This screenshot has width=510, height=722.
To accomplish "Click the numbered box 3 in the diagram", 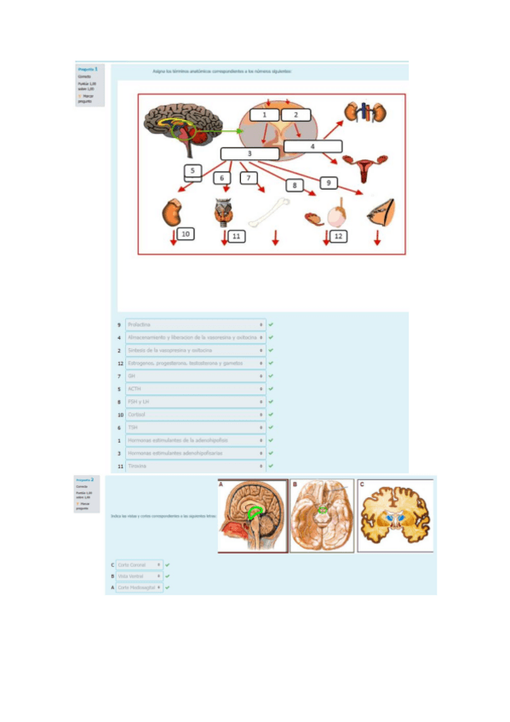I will [249, 153].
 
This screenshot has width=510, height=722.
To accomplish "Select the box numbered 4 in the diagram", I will [312, 146].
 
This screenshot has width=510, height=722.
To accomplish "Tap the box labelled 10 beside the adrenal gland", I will [186, 234].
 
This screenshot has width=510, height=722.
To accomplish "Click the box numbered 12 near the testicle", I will [338, 235].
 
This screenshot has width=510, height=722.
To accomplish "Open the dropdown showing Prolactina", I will [195, 324].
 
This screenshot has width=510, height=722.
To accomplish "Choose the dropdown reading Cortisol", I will [195, 415].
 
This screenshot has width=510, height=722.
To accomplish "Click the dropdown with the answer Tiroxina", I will [195, 467].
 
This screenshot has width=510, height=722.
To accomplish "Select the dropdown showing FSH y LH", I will [195, 402].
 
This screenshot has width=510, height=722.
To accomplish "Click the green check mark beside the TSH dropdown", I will [271, 427].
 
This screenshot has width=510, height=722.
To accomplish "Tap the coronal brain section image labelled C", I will [395, 515].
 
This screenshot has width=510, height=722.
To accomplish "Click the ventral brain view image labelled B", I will [322, 515].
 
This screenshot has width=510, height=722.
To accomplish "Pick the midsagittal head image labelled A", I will [251, 515].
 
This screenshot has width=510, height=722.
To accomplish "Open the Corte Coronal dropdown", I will [139, 564].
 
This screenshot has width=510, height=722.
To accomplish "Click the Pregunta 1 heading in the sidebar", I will [88, 69].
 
